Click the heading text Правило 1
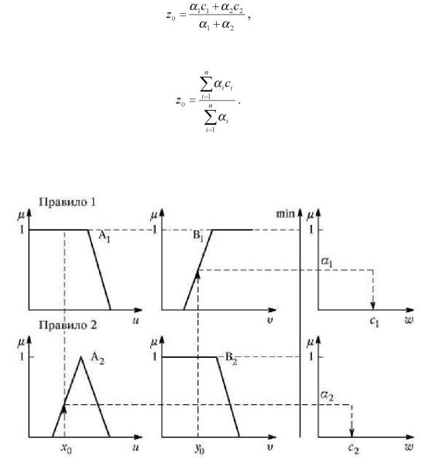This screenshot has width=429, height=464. tap(67, 202)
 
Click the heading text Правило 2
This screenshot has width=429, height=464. tap(68, 325)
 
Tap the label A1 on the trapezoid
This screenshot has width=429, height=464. tap(105, 237)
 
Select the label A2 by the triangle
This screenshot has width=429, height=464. tap(98, 359)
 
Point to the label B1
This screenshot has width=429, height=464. tap(198, 237)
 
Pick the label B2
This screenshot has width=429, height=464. tap(231, 359)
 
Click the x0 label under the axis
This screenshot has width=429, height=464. tap(67, 449)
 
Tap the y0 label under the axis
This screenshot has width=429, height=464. tap(200, 449)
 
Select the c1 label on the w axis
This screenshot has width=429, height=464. tap(374, 321)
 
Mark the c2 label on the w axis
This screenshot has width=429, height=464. tap(353, 449)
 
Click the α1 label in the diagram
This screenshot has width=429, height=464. tap(327, 263)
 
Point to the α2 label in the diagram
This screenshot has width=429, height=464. tap(327, 396)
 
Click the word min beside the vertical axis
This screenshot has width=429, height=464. tap(285, 214)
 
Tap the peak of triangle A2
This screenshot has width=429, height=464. tap(81, 357)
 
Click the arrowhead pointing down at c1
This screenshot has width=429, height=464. tap(373, 306)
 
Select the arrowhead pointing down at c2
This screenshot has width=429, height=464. tap(352, 433)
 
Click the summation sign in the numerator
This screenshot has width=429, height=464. tap(206, 85)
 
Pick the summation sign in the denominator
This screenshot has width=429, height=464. tap(210, 119)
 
